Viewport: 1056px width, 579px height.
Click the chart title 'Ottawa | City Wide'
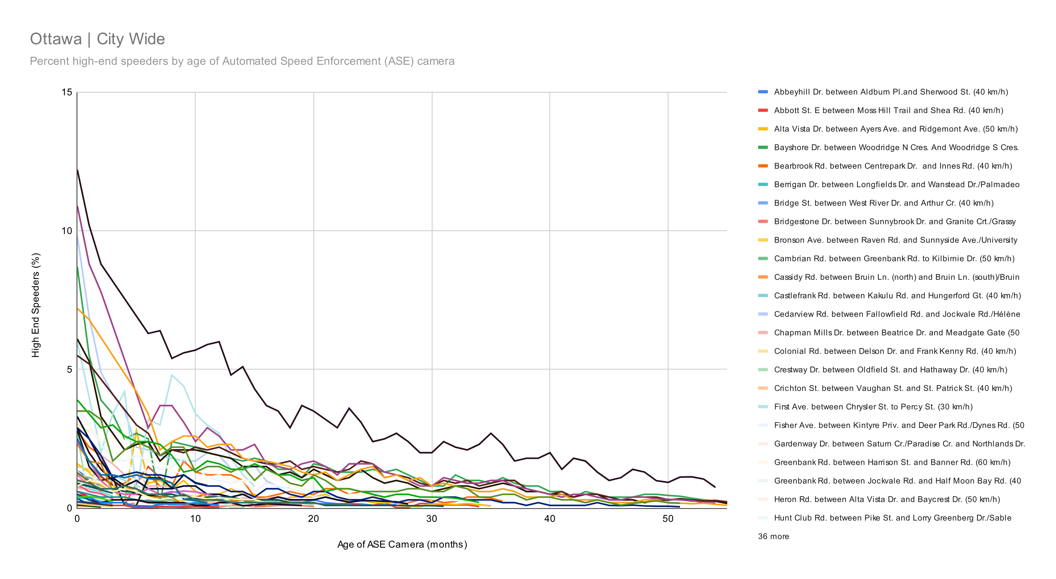tap(97, 39)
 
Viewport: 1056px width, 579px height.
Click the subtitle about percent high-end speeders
tap(242, 61)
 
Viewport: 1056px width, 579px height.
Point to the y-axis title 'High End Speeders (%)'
tap(36, 305)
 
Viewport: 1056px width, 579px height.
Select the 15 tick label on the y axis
tap(66, 92)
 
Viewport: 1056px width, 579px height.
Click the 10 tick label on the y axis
tap(66, 231)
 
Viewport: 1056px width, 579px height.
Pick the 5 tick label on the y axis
tap(69, 369)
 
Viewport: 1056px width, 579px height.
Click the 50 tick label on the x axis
tap(668, 519)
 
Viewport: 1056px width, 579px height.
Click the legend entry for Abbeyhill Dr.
tap(890, 92)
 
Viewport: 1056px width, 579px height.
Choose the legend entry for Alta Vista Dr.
tap(895, 129)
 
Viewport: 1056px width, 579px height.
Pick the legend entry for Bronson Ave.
tap(895, 240)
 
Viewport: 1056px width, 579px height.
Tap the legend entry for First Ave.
tap(873, 407)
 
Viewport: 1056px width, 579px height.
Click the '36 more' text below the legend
tap(773, 536)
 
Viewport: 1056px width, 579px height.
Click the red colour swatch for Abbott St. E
tap(763, 110)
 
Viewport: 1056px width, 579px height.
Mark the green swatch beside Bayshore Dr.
tap(763, 147)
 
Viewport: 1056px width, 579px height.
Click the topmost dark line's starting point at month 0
tap(77, 170)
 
